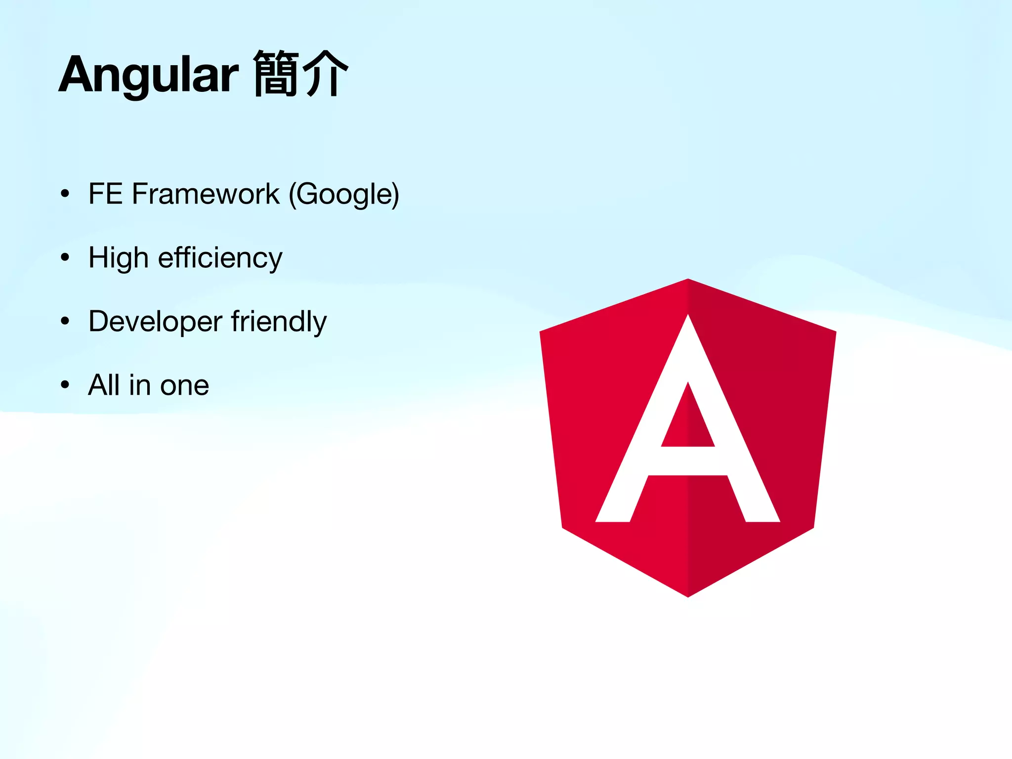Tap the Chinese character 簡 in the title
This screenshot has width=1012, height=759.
pos(276,74)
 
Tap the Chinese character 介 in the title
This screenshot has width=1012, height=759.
pos(325,74)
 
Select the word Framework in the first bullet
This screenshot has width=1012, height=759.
pos(206,194)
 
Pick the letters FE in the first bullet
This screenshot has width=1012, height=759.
pos(105,194)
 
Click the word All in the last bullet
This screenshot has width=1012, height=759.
pos(104,385)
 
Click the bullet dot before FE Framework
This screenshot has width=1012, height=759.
pos(65,194)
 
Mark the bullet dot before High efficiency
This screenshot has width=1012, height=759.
pos(65,257)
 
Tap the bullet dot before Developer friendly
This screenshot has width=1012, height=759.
pos(65,322)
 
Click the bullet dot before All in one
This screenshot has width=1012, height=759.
pos(65,385)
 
